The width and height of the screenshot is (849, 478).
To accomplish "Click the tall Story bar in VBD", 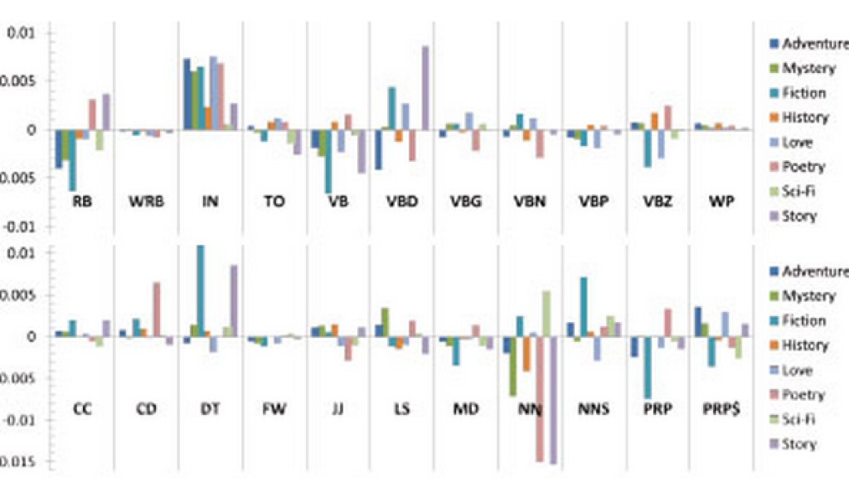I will tap(425, 87).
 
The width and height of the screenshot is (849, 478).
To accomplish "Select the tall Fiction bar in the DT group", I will tap(200, 290).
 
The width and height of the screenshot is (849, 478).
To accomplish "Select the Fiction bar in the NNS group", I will tap(584, 306).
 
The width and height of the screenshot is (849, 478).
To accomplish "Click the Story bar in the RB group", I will tap(105, 111).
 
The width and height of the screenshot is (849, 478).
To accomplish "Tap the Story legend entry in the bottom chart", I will tap(799, 444).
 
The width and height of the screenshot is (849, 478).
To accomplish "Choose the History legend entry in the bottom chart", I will tap(804, 345).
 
